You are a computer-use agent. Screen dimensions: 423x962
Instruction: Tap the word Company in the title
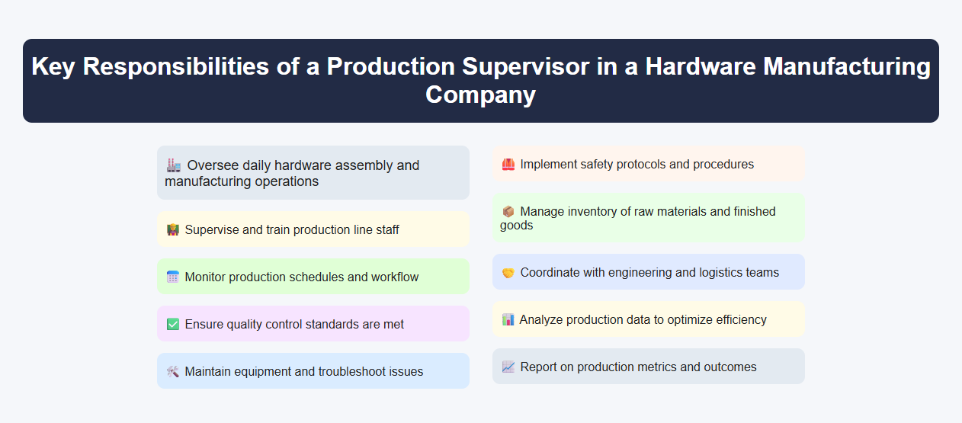(x=480, y=95)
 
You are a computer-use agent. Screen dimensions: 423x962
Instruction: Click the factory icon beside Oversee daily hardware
(x=173, y=165)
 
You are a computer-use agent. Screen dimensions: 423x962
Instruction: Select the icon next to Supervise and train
(x=173, y=229)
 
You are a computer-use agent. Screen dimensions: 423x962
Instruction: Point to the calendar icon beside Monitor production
(x=173, y=277)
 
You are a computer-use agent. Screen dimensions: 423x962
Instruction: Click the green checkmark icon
(x=173, y=324)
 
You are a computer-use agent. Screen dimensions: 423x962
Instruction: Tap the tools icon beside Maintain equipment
(x=173, y=371)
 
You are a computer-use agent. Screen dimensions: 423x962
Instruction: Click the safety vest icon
(x=508, y=164)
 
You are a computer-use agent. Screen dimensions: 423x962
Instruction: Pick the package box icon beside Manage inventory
(x=508, y=211)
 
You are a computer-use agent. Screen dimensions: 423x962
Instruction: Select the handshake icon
(x=508, y=272)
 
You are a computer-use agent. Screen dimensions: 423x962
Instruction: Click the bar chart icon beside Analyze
(x=508, y=319)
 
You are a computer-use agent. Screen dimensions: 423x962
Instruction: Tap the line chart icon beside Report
(x=508, y=367)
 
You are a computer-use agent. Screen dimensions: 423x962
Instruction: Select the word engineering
(x=643, y=272)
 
